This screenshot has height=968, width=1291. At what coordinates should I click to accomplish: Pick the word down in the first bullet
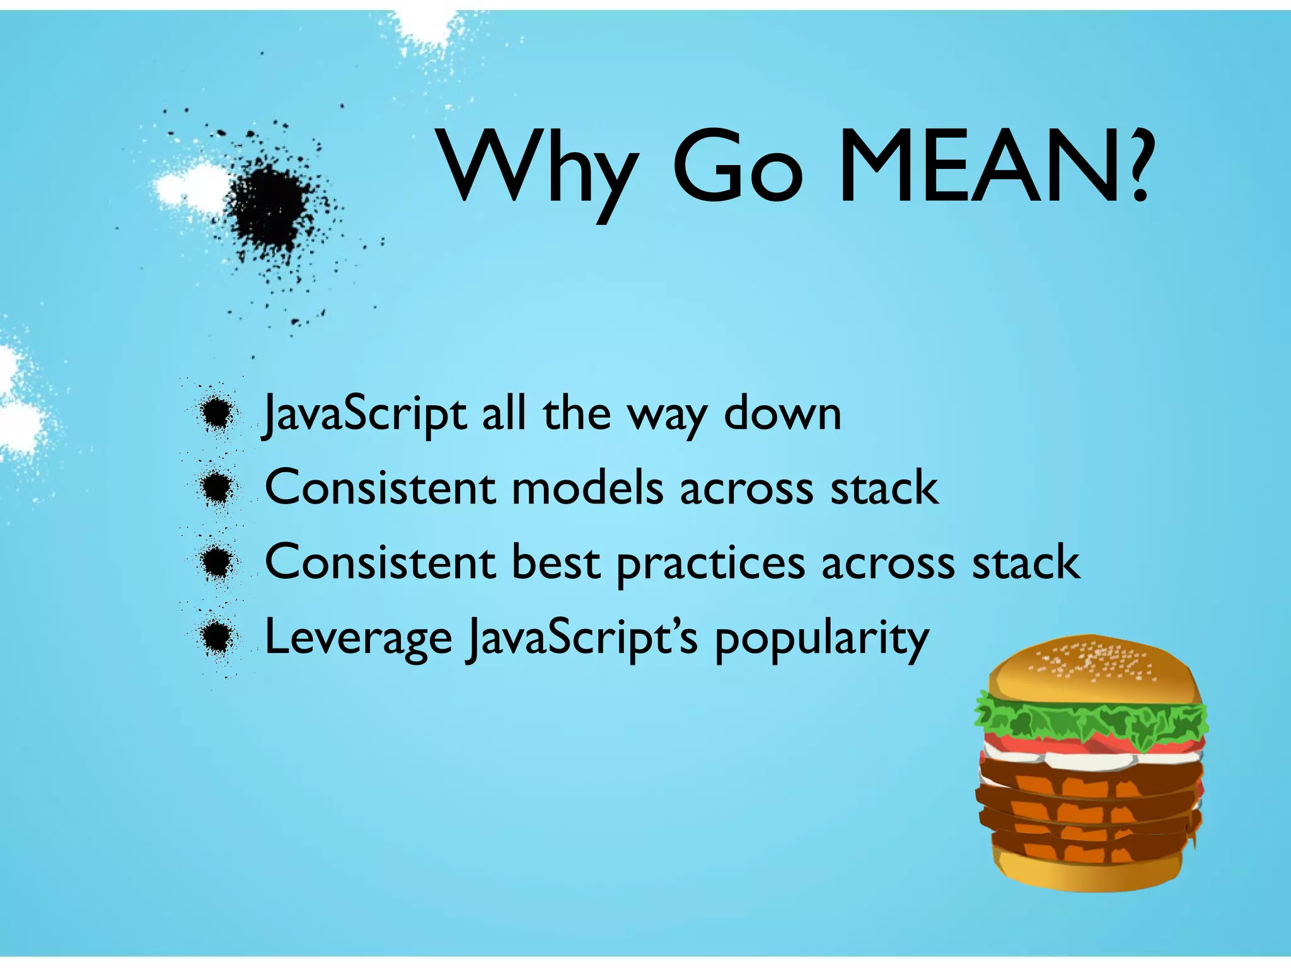782,414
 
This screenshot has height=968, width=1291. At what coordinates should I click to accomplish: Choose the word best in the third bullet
555,562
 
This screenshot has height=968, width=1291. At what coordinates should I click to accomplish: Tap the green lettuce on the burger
1091,718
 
